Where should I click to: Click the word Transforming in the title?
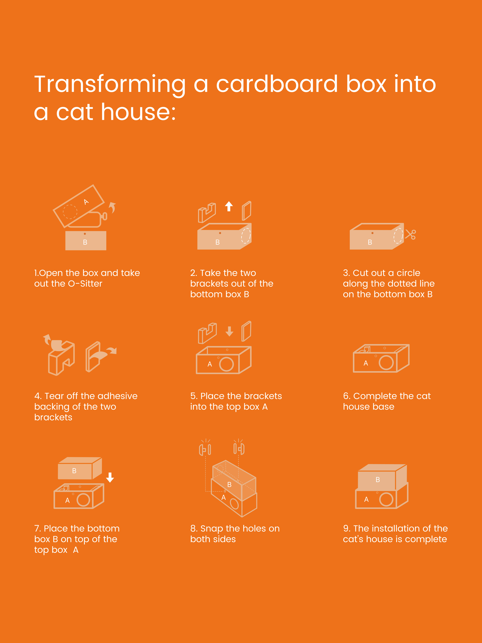tap(110, 84)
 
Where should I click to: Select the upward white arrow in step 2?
tap(229, 206)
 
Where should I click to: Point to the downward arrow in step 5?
tap(229, 331)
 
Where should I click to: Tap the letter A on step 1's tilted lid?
tap(86, 202)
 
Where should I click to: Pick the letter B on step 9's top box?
tap(378, 480)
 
